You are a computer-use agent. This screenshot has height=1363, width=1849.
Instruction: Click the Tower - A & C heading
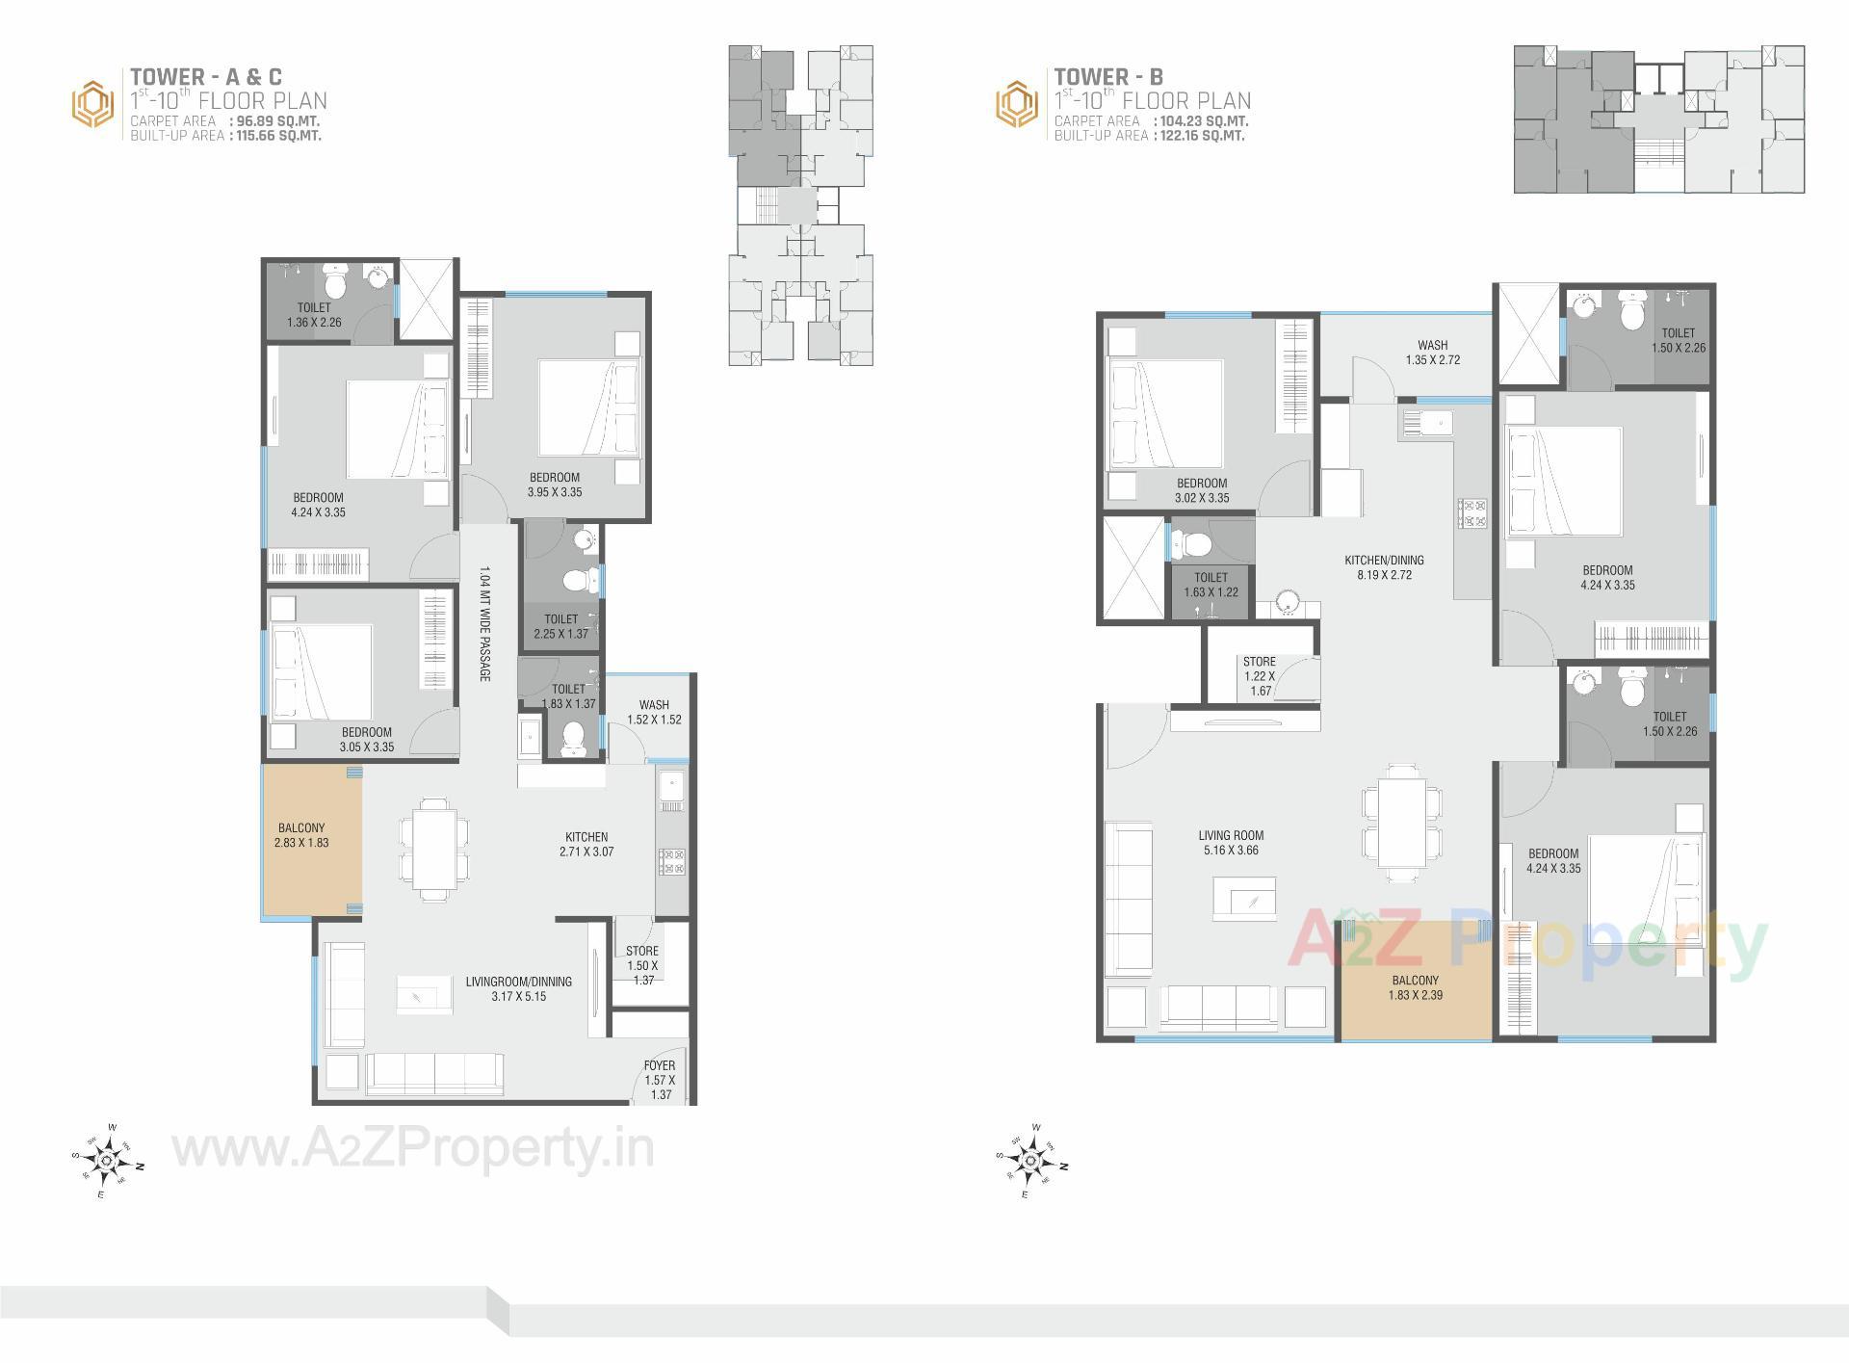(x=206, y=77)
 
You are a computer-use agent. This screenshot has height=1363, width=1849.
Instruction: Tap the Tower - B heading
(x=1108, y=77)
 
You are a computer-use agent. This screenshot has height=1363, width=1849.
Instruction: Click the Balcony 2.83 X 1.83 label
(x=301, y=835)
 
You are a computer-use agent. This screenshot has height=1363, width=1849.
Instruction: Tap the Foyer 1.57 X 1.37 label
(x=660, y=1079)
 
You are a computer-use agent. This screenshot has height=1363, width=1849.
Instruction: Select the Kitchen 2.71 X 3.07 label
(x=586, y=844)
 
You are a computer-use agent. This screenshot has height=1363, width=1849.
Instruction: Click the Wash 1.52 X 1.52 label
(x=654, y=712)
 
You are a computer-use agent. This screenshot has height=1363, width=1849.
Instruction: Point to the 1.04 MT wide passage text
(x=484, y=623)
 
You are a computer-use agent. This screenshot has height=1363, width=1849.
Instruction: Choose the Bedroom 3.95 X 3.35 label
(x=555, y=485)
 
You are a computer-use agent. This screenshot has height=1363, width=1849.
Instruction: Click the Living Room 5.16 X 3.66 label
(x=1231, y=843)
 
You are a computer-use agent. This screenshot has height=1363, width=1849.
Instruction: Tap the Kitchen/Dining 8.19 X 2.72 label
(x=1384, y=567)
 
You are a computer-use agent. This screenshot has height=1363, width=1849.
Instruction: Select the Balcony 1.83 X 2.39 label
(x=1415, y=988)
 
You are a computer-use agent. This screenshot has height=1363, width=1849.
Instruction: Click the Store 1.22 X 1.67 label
(x=1259, y=676)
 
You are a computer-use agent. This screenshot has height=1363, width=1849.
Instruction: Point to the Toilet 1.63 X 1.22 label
(x=1211, y=585)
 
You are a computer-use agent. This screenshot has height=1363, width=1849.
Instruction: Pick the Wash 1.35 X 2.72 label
(x=1432, y=353)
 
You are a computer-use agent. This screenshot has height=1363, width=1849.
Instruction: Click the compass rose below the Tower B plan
(x=1030, y=1161)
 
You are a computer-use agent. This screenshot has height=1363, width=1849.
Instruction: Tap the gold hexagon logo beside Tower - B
(x=1017, y=104)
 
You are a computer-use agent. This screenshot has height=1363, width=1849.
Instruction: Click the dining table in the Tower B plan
(x=1401, y=823)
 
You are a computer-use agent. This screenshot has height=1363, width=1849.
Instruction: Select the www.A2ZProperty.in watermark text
(x=413, y=1149)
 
